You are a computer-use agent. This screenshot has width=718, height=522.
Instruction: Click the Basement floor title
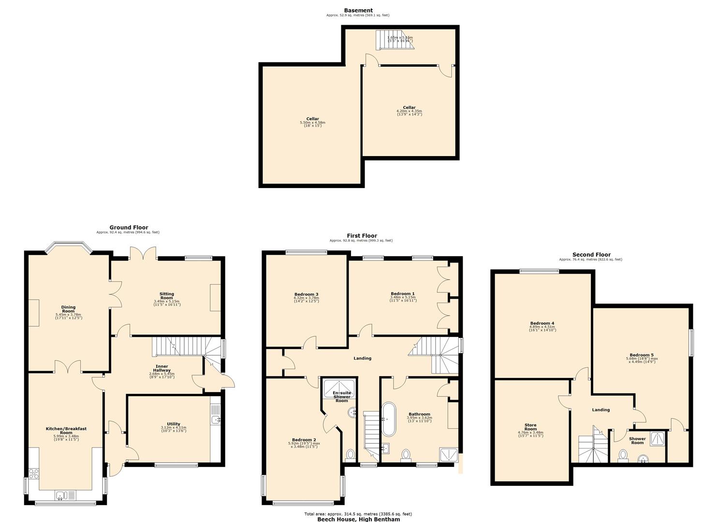(358, 10)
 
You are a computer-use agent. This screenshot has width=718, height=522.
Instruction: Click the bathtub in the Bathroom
(388, 419)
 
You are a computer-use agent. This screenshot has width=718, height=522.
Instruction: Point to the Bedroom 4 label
(542, 323)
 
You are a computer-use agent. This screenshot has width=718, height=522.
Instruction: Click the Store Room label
(530, 427)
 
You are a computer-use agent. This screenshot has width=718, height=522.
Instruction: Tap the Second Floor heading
(591, 255)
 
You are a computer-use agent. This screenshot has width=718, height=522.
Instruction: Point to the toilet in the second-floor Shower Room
(623, 455)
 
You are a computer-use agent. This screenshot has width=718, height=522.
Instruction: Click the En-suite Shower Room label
(341, 397)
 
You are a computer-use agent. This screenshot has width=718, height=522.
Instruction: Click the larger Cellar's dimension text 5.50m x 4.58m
(312, 123)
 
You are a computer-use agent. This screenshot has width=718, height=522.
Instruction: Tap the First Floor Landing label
(362, 358)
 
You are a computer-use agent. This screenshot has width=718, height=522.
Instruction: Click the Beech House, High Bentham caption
(358, 519)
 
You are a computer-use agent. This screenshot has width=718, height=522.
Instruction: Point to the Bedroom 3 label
(306, 294)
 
